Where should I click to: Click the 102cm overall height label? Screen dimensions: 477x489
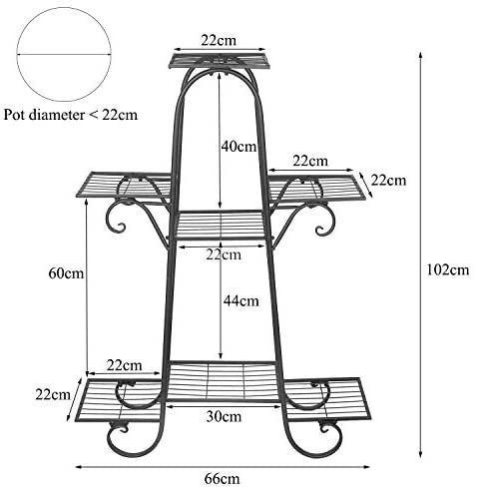(448, 269)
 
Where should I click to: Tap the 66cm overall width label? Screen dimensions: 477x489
(222, 479)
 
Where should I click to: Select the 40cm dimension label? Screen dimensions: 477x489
(238, 147)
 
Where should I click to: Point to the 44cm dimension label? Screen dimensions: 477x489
(241, 300)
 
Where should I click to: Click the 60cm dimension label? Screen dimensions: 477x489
(66, 273)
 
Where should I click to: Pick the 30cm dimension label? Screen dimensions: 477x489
(224, 416)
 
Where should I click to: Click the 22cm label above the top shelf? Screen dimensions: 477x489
(219, 40)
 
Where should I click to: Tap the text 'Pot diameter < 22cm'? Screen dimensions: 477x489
(71, 115)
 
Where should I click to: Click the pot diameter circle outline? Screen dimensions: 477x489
(63, 8)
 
